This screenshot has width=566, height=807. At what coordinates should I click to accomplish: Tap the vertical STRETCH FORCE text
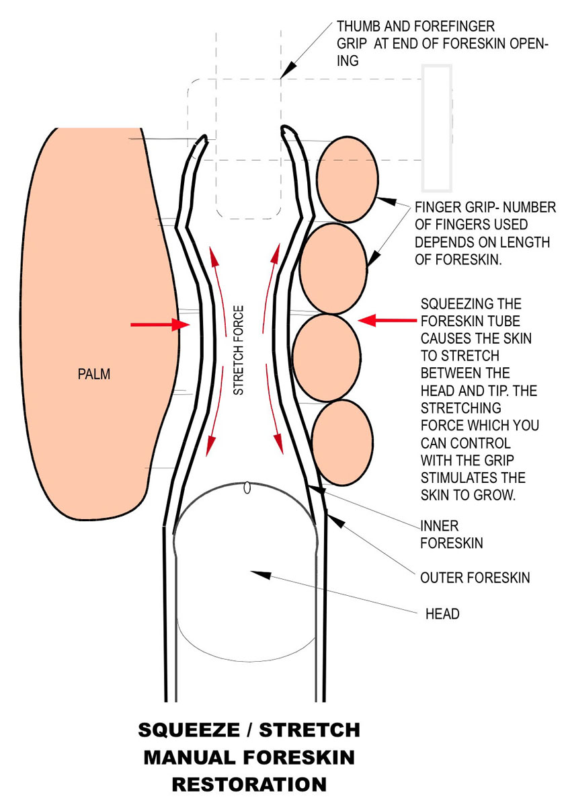click(x=239, y=350)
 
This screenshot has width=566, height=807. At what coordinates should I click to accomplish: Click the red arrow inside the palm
click(x=157, y=325)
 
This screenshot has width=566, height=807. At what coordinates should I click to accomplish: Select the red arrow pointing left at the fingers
click(x=388, y=321)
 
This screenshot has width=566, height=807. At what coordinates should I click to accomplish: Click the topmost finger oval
click(x=347, y=179)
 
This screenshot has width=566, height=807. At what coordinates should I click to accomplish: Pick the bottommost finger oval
click(x=342, y=443)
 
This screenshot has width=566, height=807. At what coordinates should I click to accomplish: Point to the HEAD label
click(x=442, y=614)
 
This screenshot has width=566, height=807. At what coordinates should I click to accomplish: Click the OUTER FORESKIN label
click(x=475, y=578)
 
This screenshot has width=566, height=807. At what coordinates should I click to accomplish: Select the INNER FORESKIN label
click(x=451, y=534)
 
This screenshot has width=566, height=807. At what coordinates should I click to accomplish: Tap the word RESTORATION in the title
click(x=249, y=784)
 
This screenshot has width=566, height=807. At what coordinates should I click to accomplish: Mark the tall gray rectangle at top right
click(x=436, y=128)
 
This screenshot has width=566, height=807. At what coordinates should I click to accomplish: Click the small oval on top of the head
click(x=247, y=488)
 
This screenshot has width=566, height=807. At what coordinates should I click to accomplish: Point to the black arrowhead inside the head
click(x=262, y=574)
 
